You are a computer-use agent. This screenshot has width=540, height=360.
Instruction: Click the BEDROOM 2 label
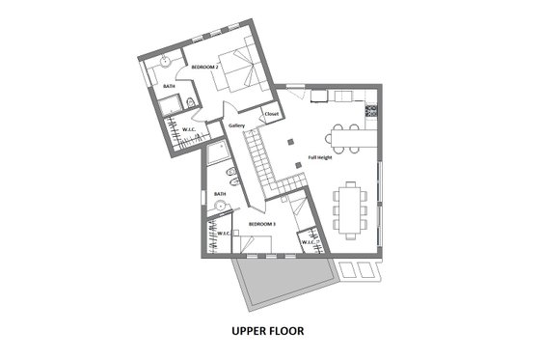pos(204,67)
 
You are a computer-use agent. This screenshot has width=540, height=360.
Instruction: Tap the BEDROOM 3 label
pos(262,224)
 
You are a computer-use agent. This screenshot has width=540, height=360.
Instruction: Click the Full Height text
pos(321,156)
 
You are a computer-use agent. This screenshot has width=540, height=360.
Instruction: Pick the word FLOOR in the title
pos(288,331)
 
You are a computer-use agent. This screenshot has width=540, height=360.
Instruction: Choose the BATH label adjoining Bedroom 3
pos(220,194)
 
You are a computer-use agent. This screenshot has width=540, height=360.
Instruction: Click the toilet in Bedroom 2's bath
pos(192,101)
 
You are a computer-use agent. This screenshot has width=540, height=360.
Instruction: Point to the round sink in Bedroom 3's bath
pos(220,205)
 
